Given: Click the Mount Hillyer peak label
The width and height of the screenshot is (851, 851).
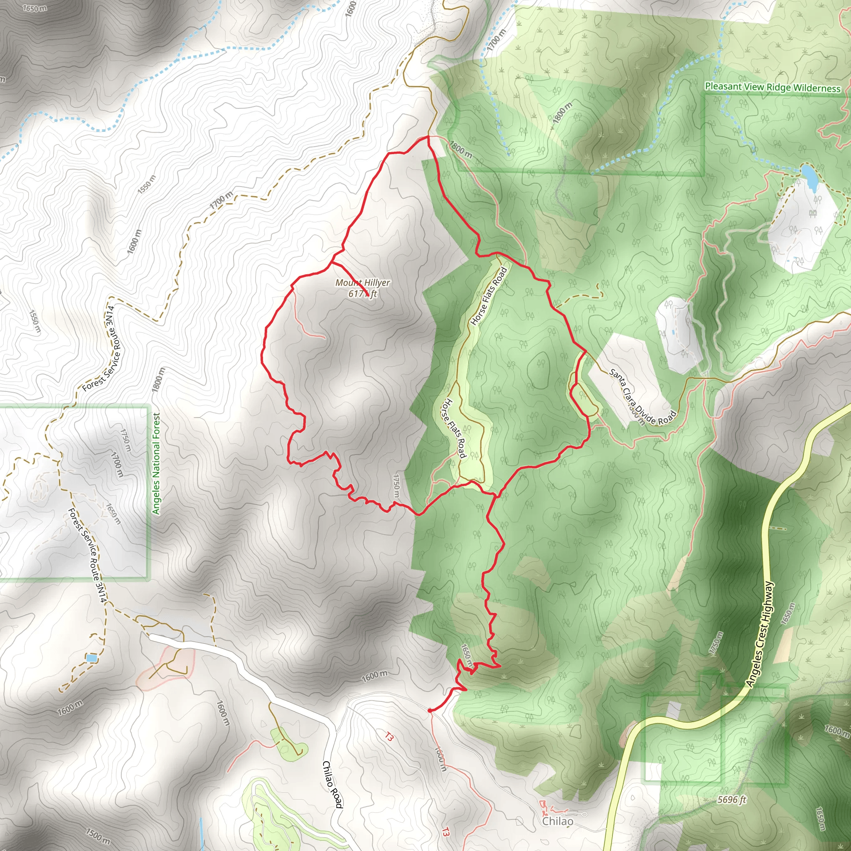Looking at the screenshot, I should pos(362,288).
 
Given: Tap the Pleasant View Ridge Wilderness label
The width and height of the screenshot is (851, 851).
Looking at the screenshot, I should pos(772,87).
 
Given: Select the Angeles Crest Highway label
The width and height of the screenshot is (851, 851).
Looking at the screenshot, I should pos(760,633).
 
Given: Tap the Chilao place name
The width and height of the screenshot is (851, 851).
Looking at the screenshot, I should pos(558,821).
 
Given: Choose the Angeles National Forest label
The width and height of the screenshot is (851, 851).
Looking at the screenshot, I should pos(156,463).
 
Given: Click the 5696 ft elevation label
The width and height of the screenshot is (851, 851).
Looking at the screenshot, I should pos(732,799).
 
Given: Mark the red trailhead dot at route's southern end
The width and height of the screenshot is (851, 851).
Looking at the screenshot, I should pos(430,710).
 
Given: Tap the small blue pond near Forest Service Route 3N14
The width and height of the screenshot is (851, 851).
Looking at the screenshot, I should pos(91,658).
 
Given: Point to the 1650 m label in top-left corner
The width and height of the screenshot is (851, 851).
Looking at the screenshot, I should pos(34,8).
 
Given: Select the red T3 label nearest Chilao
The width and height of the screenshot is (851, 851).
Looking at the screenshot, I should pos(445,832).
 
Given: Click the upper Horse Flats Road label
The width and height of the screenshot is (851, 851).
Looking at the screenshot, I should pos(489,295).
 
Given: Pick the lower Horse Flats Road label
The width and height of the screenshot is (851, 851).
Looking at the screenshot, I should pos(454,428).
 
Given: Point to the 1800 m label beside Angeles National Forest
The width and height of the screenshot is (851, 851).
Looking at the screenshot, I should pos(157,380).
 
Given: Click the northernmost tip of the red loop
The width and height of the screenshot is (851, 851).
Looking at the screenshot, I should pos(426,137).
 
